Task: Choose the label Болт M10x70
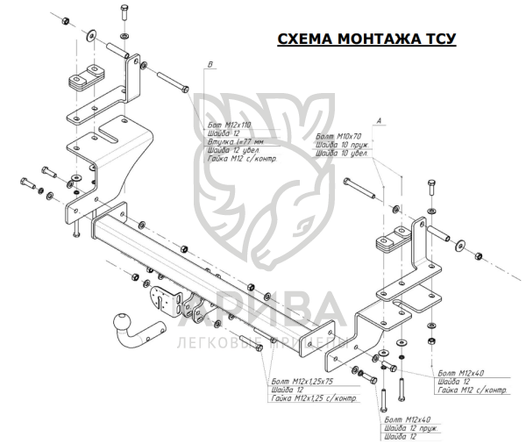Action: [338, 137]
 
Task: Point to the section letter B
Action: [210, 63]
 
